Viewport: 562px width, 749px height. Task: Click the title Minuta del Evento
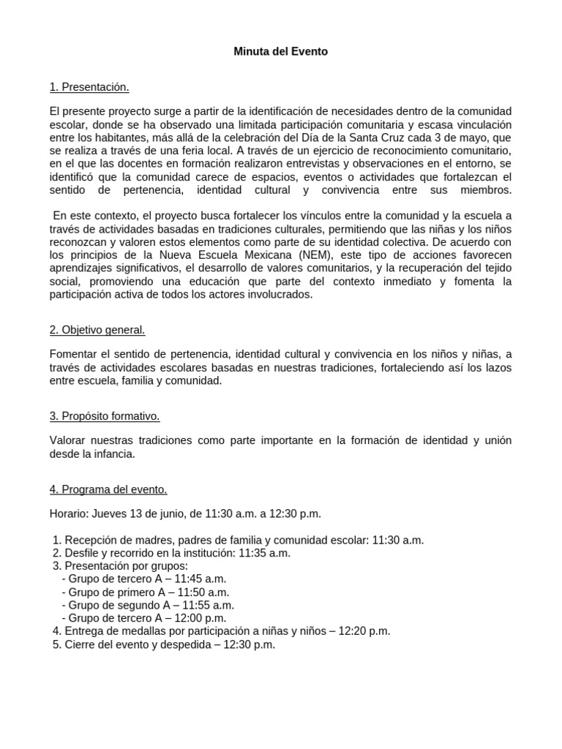click(281, 52)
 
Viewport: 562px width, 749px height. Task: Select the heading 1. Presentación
click(89, 88)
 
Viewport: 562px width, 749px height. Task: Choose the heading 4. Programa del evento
click(108, 489)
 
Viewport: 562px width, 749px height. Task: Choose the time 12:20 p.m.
click(364, 631)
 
